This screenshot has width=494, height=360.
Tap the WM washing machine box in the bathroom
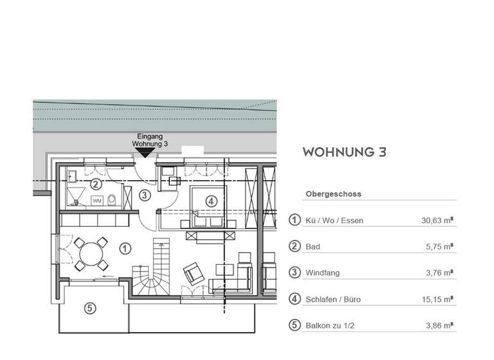pos(98,201)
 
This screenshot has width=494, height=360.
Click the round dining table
pos(89,253)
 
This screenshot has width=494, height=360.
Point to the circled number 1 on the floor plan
pos(125,248)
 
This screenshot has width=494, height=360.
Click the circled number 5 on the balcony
pos(91,308)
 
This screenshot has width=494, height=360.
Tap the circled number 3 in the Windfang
pos(145,195)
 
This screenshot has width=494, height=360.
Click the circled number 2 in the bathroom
pos(95,184)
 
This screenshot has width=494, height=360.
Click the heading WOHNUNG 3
pos(344,152)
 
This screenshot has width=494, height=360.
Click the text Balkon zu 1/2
pos(330,325)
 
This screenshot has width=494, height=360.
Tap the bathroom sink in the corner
pos(73,175)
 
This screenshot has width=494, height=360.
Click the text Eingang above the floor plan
pos(149,137)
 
